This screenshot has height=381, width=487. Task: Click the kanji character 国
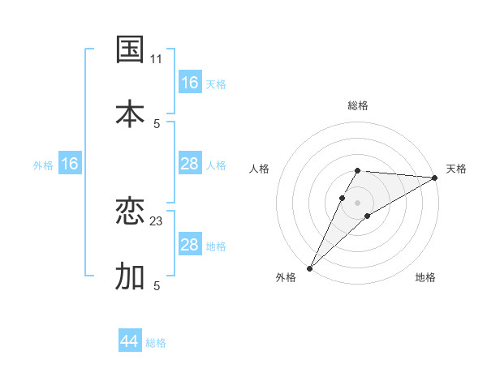coord(130,49)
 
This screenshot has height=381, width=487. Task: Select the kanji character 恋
coord(130,212)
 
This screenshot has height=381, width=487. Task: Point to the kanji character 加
coord(130,276)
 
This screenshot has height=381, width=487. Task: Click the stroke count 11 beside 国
coord(157,59)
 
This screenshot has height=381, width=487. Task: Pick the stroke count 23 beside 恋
coord(157,221)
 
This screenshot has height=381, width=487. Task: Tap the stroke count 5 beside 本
coord(157,123)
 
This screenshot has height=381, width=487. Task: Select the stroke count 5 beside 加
coord(157,285)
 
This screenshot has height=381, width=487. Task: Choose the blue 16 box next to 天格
coord(190,83)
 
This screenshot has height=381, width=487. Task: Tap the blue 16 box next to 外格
coord(70,164)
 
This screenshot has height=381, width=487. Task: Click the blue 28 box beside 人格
coord(190,164)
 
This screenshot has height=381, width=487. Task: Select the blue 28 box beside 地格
coord(190,245)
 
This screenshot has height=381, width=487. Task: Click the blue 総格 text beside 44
coord(156,343)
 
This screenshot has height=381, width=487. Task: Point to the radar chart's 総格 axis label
coord(358,105)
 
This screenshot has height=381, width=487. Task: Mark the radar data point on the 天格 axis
coord(435,178)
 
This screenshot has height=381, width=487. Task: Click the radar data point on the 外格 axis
coord(309,268)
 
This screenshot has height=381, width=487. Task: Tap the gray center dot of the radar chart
coord(358,202)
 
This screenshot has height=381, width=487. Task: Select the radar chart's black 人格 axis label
coord(260,169)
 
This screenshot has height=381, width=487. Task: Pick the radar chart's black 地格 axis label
coord(425,277)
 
